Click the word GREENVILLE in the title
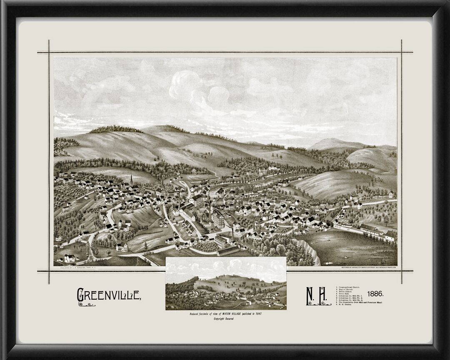click(x=109, y=295)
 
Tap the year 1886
click(x=375, y=293)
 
